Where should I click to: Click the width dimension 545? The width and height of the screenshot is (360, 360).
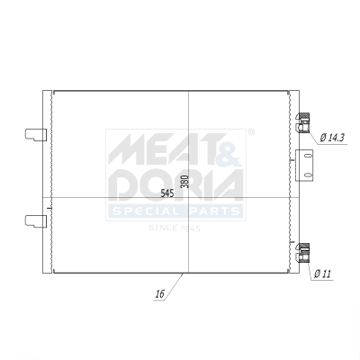pyautogui.click(x=167, y=193)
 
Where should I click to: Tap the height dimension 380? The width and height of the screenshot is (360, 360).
pyautogui.click(x=184, y=181)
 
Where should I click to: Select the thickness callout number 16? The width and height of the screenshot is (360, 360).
pyautogui.click(x=160, y=293)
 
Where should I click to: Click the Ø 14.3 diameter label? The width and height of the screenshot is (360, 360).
pyautogui.click(x=334, y=137)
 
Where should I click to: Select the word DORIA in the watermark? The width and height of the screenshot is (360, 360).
pyautogui.click(x=175, y=184)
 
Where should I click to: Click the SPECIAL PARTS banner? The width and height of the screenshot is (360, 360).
pyautogui.click(x=175, y=211)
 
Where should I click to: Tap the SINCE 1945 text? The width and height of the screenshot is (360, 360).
pyautogui.click(x=175, y=228)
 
